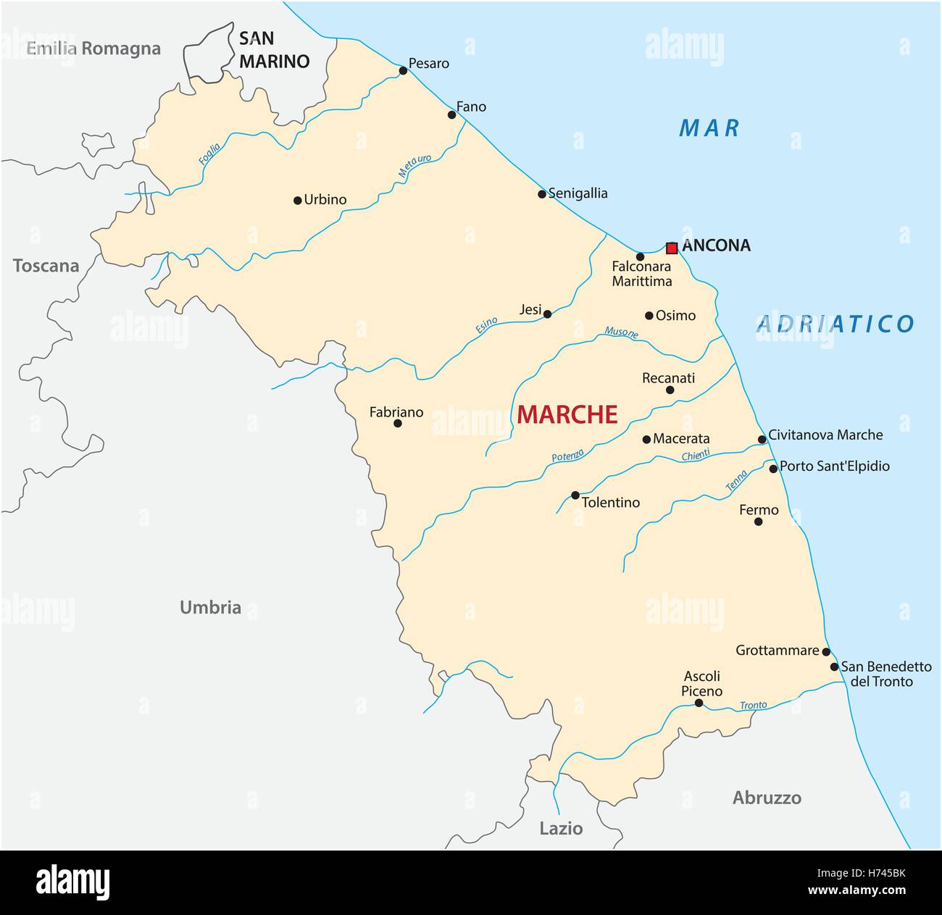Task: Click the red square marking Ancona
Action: point(672,248)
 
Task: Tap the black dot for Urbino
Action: point(297,201)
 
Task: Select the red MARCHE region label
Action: point(567,414)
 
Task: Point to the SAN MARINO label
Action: point(274,50)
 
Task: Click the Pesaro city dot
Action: point(403,70)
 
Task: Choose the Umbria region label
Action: point(210,607)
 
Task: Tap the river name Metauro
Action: point(414,167)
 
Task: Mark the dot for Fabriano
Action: point(397,423)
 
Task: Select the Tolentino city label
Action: point(611,502)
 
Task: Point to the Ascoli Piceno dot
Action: point(699,703)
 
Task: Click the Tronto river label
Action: point(753,705)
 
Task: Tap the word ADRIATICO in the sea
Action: point(835,324)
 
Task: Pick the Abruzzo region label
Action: point(767,798)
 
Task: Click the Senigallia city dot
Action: point(542,194)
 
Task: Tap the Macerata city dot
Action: point(646,439)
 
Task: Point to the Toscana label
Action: point(46,266)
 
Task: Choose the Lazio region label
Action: point(561,828)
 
